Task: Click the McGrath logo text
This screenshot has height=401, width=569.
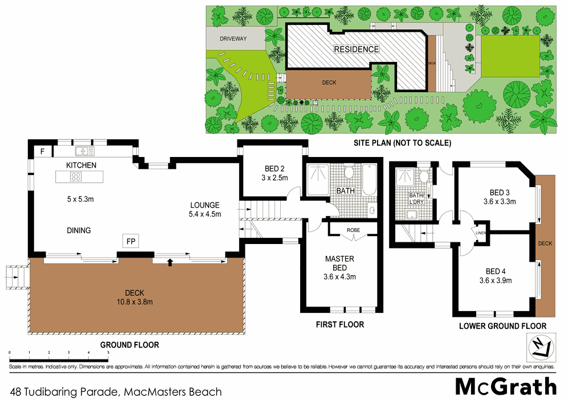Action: (x=506, y=387)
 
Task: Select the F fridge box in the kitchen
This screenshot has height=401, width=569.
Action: (x=42, y=151)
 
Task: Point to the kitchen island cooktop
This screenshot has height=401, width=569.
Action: (x=75, y=177)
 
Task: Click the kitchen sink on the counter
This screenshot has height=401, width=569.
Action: (x=85, y=151)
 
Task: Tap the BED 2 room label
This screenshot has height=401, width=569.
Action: (x=275, y=169)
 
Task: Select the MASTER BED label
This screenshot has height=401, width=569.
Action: (x=339, y=263)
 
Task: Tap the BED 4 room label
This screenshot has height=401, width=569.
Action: (x=495, y=271)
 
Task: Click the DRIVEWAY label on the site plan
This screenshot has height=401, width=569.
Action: (x=234, y=39)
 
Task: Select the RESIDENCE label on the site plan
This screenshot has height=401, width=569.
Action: (x=356, y=49)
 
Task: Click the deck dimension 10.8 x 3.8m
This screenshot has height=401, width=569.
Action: (x=132, y=303)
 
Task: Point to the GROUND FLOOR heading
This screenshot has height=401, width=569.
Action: (x=129, y=345)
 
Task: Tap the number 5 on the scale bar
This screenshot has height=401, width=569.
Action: (x=108, y=353)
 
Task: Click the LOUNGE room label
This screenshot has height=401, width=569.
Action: (x=204, y=205)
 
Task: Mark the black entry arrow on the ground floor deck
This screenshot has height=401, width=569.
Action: (x=169, y=262)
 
